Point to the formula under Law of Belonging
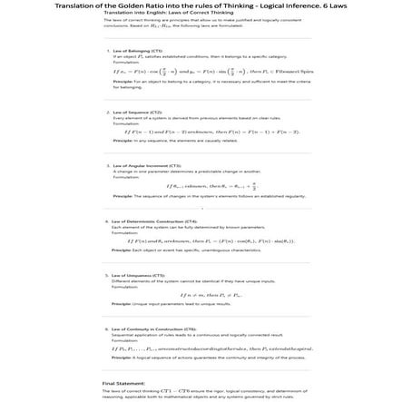(x=201, y=71)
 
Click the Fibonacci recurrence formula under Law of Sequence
(x=201, y=132)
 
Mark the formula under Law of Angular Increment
(x=201, y=186)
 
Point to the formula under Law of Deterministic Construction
(x=201, y=240)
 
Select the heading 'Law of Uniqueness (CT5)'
(x=137, y=273)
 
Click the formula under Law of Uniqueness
(x=201, y=294)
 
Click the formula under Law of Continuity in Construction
(x=201, y=348)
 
